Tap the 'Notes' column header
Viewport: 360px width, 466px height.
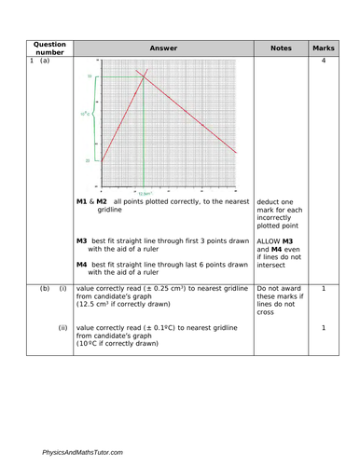tap(281, 48)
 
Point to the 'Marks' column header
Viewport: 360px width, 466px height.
tap(324, 48)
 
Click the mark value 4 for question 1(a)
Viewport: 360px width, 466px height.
tap(324, 62)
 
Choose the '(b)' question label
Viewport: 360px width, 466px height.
tap(44, 289)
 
